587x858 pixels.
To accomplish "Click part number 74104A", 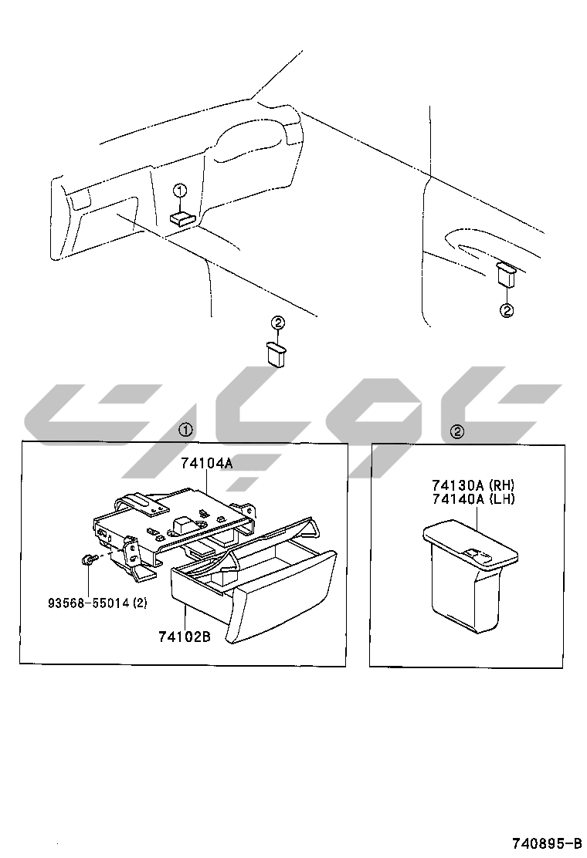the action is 206,464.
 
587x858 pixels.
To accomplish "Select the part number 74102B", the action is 185,637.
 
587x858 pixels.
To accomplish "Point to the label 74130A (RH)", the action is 473,485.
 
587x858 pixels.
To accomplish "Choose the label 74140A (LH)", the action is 473,499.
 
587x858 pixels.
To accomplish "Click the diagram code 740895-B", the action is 547,842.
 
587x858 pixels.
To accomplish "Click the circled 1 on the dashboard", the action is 180,191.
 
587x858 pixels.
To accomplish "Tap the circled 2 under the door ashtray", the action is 507,310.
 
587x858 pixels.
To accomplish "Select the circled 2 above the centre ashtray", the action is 278,323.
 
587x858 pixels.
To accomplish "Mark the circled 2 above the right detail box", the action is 456,432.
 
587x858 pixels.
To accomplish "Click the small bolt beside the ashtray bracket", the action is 87,559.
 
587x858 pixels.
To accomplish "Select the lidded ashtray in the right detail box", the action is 470,575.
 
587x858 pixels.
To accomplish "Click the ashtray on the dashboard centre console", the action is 182,218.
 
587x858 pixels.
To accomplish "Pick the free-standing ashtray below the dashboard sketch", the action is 277,353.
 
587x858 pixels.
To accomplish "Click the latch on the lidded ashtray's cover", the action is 477,554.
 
